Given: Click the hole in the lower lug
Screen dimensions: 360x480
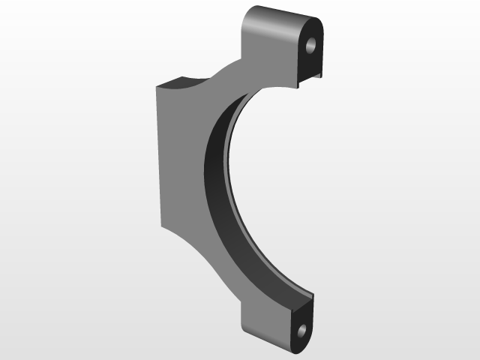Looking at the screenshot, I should pyautogui.click(x=301, y=331).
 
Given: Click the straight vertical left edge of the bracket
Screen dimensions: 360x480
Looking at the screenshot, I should pyautogui.click(x=159, y=157).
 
